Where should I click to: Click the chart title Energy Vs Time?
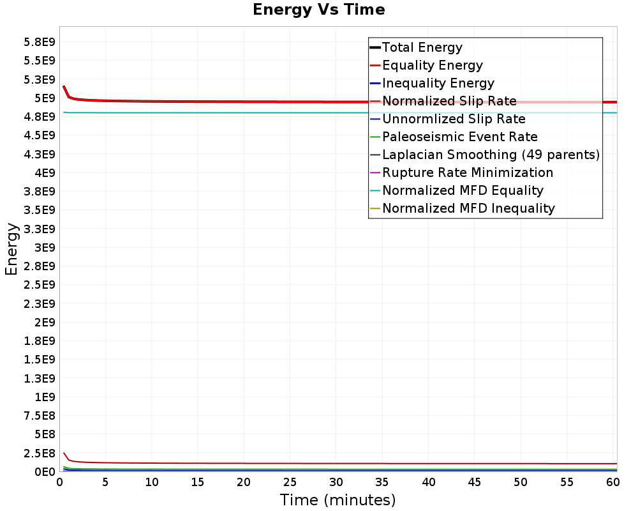319,10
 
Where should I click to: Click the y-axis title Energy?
11,248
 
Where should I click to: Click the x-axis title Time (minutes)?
338,500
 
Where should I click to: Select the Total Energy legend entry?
422,47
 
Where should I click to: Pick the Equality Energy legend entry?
432,65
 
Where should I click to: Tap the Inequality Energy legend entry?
438,83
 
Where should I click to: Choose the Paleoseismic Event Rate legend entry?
459,137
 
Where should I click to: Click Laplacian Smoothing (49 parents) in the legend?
491,155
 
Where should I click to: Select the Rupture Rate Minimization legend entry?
468,172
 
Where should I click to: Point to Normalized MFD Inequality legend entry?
468,208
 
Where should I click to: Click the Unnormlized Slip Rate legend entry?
454,119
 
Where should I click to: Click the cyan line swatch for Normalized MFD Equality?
375,190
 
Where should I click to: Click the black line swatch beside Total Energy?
375,47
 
